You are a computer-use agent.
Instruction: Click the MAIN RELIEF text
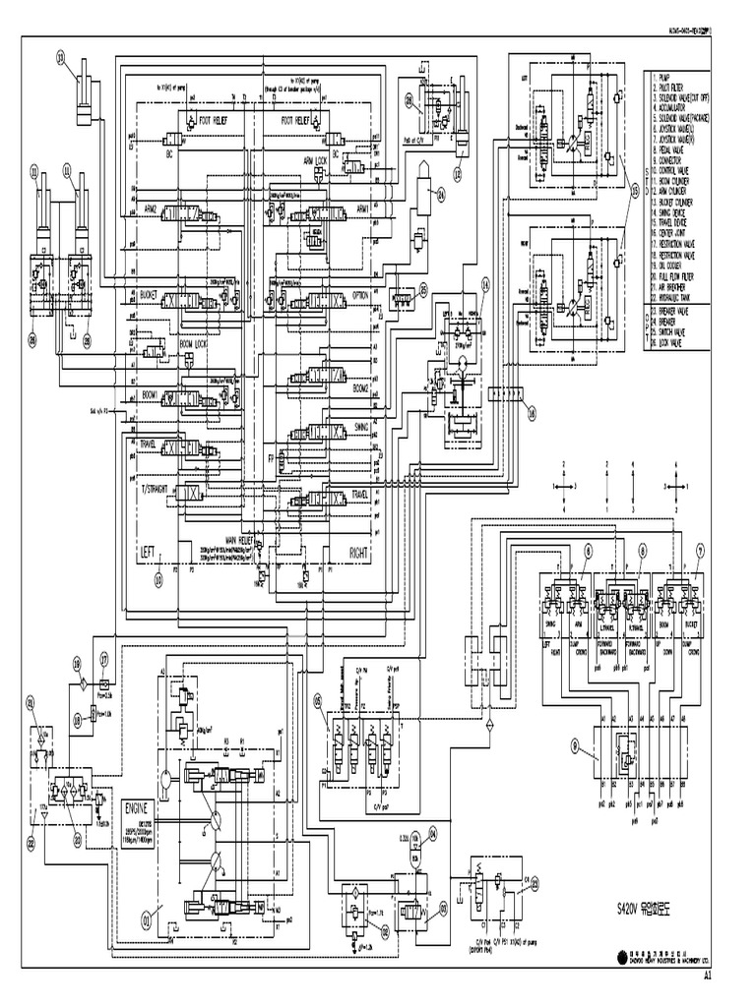(241, 540)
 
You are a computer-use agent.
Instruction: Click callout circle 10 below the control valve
(157, 580)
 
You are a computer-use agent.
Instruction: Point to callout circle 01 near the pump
(148, 921)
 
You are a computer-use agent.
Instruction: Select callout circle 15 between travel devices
(635, 190)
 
